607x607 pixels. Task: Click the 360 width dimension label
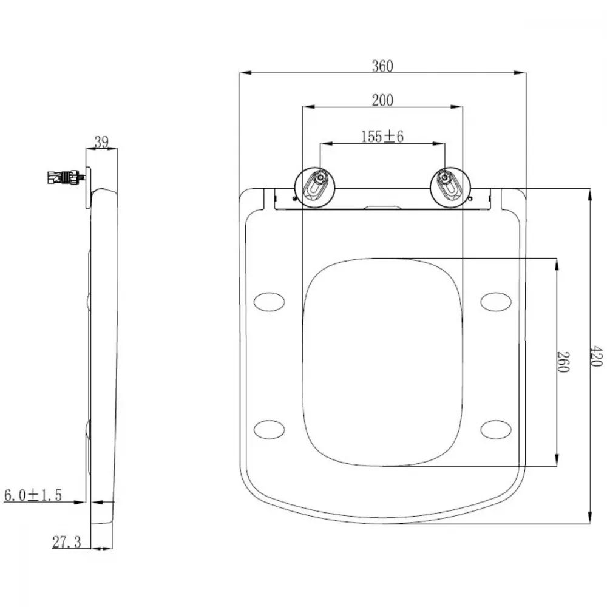pos(382,66)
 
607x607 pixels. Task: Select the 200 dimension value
pos(382,100)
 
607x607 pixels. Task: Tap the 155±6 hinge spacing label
pos(382,137)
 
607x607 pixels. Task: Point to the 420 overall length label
pos(596,356)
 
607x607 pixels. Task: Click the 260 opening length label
pos(563,362)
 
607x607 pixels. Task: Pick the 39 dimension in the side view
pos(101,142)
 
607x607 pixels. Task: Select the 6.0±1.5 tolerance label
pos(33,495)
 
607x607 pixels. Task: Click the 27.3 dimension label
pos(67,542)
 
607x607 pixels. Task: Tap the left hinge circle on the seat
pos(314,188)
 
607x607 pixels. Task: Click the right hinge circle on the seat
pos(450,188)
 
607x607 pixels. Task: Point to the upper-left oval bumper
pos(270,302)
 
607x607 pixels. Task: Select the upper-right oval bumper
pos(496,302)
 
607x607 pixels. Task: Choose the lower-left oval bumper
pos(270,429)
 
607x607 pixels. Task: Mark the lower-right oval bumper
pos(496,429)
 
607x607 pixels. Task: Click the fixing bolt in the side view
pos(66,177)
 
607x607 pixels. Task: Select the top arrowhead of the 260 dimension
pos(557,265)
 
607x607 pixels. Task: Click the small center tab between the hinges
pos(382,208)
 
